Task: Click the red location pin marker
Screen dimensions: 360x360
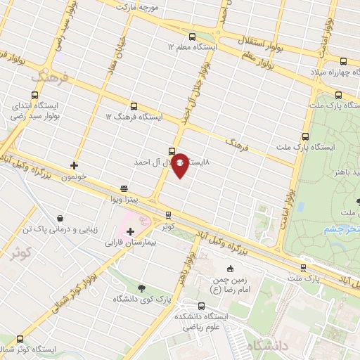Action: click(x=180, y=165)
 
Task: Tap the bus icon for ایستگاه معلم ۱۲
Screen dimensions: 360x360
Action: click(x=193, y=36)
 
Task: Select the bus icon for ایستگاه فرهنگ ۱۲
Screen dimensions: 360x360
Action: click(x=134, y=105)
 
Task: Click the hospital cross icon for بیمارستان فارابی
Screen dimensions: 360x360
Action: click(x=130, y=231)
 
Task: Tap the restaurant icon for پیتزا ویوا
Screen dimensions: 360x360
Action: click(x=124, y=188)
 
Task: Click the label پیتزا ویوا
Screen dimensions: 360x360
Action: click(x=122, y=200)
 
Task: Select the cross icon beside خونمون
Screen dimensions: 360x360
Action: click(x=74, y=166)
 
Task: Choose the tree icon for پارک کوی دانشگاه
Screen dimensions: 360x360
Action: click(x=141, y=288)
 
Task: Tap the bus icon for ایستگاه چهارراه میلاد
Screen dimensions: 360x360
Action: click(x=343, y=61)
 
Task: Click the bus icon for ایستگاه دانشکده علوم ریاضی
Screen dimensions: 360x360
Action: click(x=202, y=306)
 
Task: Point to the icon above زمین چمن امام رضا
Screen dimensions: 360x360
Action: click(x=230, y=269)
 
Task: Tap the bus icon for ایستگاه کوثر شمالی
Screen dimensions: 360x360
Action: click(x=20, y=340)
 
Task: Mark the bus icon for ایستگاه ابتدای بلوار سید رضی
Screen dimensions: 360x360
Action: click(x=34, y=95)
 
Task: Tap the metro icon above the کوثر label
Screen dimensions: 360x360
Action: click(x=167, y=215)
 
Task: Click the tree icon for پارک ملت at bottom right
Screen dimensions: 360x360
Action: click(x=303, y=267)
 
